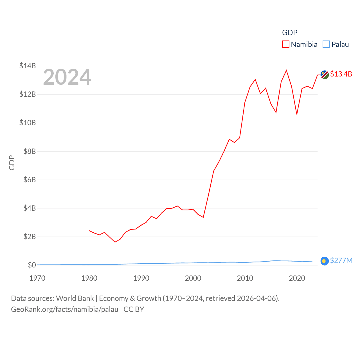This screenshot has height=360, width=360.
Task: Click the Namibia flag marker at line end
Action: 325,75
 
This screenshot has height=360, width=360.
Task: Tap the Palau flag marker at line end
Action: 325,261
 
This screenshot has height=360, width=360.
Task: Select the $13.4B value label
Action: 341,74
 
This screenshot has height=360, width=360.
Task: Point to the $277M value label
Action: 341,260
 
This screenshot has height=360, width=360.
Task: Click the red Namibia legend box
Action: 286,44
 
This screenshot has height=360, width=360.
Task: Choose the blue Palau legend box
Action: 326,44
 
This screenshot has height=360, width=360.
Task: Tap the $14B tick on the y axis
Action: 28,66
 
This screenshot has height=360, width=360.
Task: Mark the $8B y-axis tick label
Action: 29,151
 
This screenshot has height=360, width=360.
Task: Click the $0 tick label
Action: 32,265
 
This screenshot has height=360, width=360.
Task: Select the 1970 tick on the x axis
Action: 37,278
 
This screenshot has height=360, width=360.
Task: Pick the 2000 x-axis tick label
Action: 193,278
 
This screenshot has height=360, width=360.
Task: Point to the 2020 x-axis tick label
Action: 297,278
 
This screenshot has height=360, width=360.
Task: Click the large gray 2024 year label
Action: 67,77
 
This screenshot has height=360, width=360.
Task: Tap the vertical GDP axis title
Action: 12,163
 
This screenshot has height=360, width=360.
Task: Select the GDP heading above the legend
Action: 290,33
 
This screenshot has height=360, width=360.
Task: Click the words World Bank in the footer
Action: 75,298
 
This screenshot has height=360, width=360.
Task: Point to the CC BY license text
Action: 134,309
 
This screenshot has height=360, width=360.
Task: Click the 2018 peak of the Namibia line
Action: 286,70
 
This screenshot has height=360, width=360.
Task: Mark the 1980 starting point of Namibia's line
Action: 89,231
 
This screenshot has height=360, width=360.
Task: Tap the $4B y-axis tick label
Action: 29,208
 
